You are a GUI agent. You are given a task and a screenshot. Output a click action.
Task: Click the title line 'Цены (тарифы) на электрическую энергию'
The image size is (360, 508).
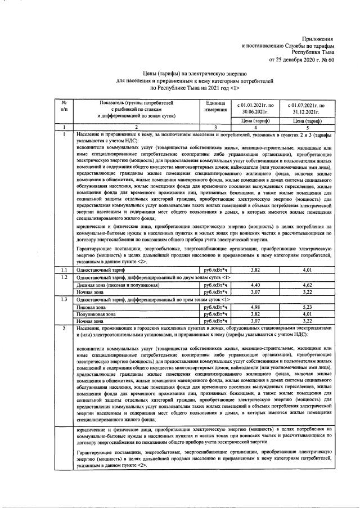point(179,74)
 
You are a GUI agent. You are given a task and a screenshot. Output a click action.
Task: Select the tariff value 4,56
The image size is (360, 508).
point(307,286)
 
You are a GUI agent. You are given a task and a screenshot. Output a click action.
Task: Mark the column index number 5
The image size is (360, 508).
point(307,128)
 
